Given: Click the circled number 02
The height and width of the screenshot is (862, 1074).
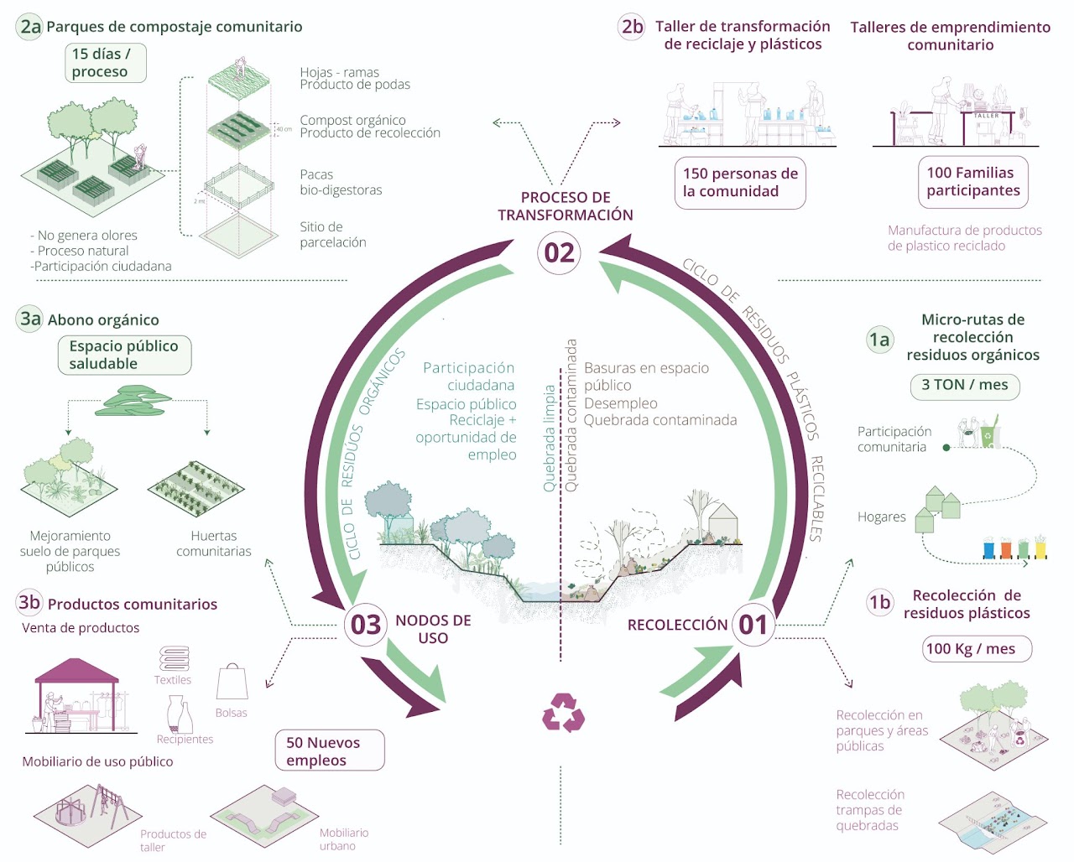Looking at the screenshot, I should click(559, 252).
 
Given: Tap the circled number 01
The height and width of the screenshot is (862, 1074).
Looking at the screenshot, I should click(753, 625).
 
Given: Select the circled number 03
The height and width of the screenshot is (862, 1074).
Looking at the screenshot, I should click(366, 625).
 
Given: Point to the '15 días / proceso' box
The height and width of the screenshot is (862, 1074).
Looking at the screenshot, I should click(106, 63).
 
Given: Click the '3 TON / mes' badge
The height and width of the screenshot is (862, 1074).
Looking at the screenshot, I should click(965, 385).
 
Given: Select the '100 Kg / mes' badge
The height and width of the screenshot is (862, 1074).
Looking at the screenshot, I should click(977, 648).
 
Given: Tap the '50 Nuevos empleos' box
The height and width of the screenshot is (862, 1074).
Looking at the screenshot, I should click(330, 750).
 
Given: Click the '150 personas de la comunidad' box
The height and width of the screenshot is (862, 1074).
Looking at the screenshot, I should click(740, 182).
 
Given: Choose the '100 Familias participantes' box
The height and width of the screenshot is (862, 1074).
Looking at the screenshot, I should click(973, 181).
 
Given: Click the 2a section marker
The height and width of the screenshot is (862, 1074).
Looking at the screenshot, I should click(30, 27).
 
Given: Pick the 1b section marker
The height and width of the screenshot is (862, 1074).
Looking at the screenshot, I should click(879, 602).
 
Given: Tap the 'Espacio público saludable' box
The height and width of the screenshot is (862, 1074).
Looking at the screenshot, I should click(124, 355).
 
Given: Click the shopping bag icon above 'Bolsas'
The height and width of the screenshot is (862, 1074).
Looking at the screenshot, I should click(232, 683).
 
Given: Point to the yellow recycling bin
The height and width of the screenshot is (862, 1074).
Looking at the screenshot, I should click(1040, 548).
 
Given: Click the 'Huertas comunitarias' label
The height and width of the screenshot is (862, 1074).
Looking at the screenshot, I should click(214, 543).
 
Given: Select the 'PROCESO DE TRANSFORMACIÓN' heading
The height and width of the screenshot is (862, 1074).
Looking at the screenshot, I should click(565, 206).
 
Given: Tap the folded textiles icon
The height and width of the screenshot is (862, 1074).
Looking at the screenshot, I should click(174, 658).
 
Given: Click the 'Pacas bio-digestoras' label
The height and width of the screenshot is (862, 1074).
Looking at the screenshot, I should click(341, 182).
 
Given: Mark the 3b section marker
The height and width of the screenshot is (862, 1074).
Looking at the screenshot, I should click(29, 602).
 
